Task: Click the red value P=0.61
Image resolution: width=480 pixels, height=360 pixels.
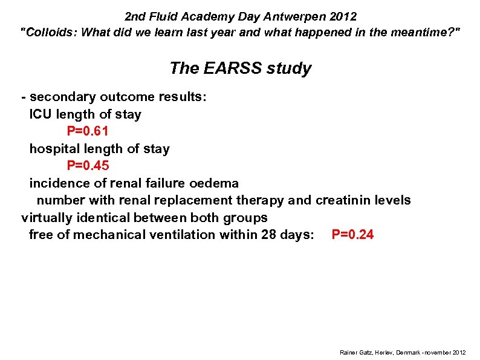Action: pyautogui.click(x=88, y=131)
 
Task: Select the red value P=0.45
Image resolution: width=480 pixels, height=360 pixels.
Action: pyautogui.click(x=88, y=166)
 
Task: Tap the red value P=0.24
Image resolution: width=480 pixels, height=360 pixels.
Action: pyautogui.click(x=352, y=235)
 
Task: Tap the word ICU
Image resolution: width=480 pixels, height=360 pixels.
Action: pyautogui.click(x=41, y=114)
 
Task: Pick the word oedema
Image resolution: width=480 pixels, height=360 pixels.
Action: pyautogui.click(x=214, y=183)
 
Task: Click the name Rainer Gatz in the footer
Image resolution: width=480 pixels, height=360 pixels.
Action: pyautogui.click(x=355, y=352)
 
